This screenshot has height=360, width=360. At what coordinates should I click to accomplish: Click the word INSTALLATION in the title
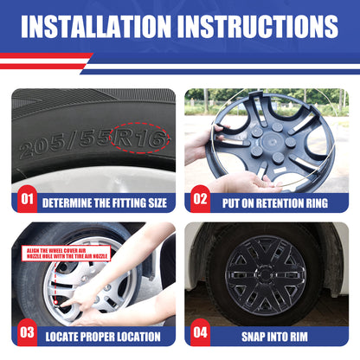pyautogui.click(x=96, y=26)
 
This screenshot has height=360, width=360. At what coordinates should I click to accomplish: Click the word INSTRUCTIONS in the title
pyautogui.click(x=258, y=26)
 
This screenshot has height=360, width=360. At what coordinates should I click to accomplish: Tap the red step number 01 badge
pyautogui.click(x=27, y=199)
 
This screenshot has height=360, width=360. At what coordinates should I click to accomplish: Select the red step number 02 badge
pyautogui.click(x=200, y=199)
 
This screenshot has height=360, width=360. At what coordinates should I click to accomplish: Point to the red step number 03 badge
pyautogui.click(x=27, y=332)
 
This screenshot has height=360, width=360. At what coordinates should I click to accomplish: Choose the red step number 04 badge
pyautogui.click(x=200, y=332)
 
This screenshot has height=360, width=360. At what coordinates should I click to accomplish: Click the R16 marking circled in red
pyautogui.click(x=139, y=138)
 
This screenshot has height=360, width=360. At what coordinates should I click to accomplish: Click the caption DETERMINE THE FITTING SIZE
pyautogui.click(x=105, y=203)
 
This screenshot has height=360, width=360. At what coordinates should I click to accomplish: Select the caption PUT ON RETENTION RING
pyautogui.click(x=275, y=203)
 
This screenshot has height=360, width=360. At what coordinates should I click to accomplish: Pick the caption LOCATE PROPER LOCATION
pyautogui.click(x=103, y=337)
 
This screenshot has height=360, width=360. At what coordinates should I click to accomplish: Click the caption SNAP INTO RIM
pyautogui.click(x=274, y=337)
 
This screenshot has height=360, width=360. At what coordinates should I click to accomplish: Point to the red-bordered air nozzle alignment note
pyautogui.click(x=67, y=254)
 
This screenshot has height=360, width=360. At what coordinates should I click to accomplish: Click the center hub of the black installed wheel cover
pyautogui.click(x=265, y=274)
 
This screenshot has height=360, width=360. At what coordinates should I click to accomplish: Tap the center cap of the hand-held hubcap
pyautogui.click(x=271, y=141)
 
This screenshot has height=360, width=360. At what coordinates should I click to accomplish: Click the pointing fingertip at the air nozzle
pyautogui.click(x=61, y=304)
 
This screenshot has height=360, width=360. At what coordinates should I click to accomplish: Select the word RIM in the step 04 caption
pyautogui.click(x=299, y=337)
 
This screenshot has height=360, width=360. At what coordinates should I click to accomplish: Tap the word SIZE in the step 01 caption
pyautogui.click(x=157, y=203)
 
